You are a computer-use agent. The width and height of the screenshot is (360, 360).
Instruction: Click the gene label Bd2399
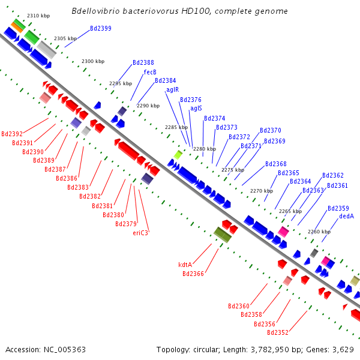point(101,28)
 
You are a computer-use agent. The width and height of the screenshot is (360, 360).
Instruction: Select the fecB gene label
point(150,72)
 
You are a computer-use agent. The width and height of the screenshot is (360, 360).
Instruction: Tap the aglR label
point(172,89)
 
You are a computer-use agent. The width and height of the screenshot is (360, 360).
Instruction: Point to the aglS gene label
point(196,108)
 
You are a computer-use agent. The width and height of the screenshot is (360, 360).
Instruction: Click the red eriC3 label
point(140,233)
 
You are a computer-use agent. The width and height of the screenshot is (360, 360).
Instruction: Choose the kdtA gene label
point(185,265)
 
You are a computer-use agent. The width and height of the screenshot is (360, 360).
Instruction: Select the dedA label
point(346,216)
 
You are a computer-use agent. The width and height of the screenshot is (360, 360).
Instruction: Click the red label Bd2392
point(12,134)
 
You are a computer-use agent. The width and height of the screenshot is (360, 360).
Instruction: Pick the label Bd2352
point(278,332)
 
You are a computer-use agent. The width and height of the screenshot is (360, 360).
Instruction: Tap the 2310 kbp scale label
point(38,16)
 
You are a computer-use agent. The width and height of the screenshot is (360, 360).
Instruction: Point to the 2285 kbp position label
point(176,127)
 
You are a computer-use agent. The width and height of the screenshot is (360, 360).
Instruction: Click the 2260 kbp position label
point(319,232)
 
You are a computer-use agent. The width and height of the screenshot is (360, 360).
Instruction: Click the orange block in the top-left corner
point(17,28)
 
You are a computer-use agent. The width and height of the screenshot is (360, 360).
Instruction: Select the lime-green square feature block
point(178,155)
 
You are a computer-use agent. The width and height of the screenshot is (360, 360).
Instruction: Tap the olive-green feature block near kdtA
point(223,235)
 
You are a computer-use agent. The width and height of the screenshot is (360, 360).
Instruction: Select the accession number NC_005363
point(65,350)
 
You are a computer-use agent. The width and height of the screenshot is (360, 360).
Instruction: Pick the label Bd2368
point(276,164)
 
